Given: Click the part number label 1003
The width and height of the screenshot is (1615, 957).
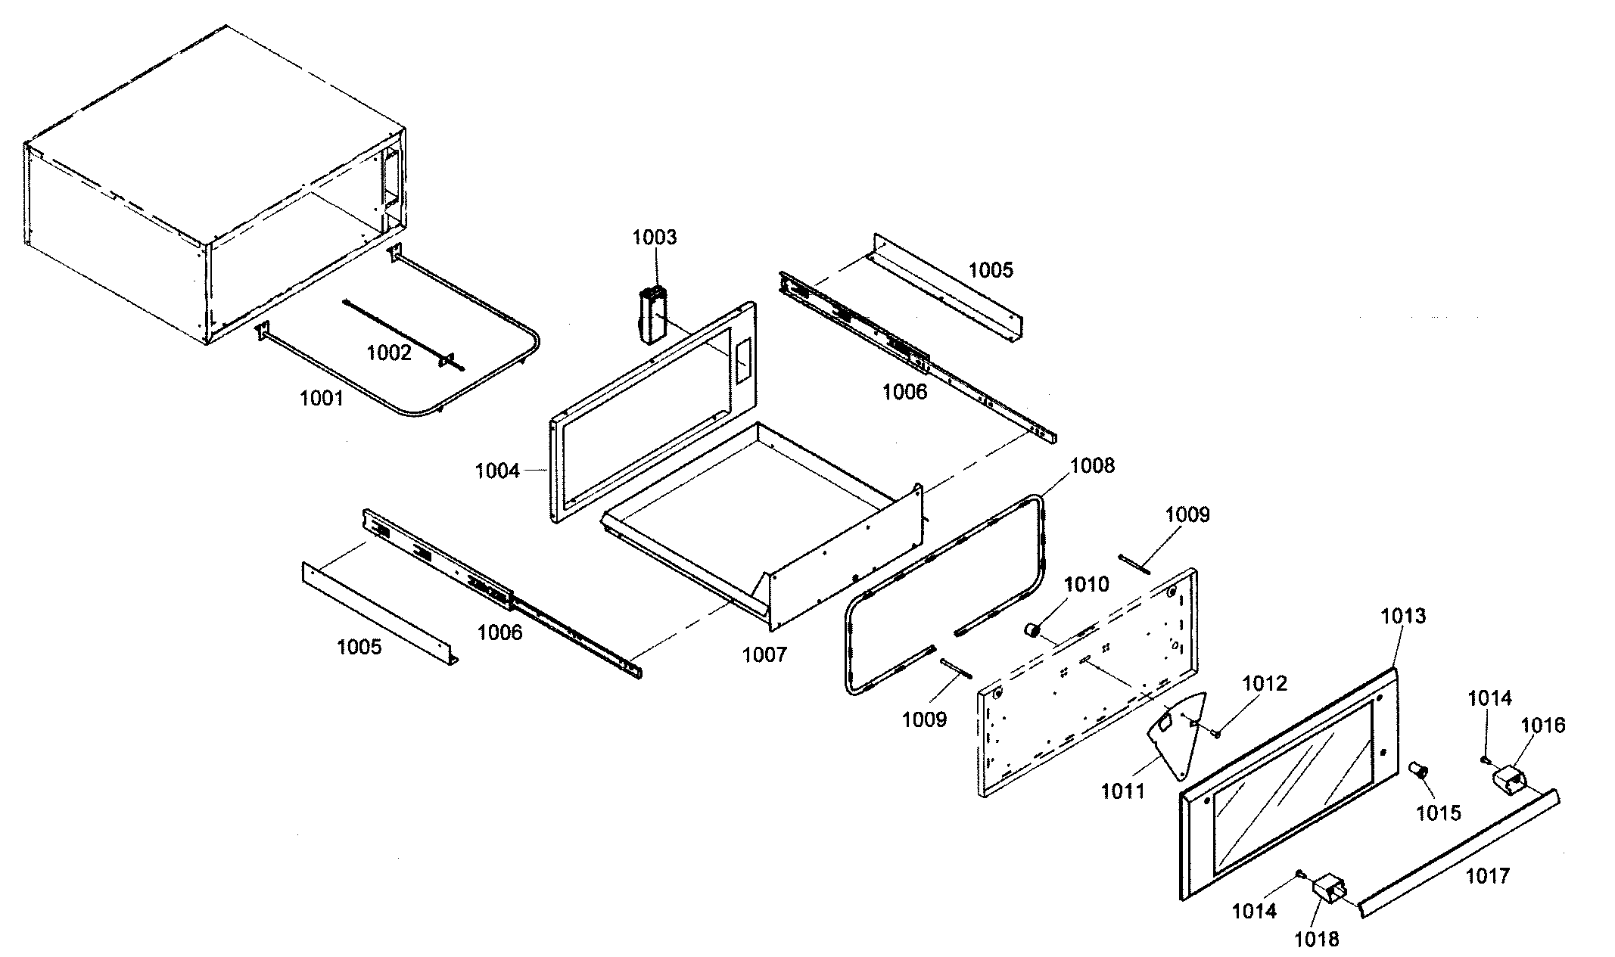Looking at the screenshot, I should (655, 237).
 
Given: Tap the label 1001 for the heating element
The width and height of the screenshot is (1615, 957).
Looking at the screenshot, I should (322, 398).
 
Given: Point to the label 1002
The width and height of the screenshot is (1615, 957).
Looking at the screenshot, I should (389, 353).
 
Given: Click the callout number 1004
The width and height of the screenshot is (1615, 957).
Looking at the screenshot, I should (497, 471).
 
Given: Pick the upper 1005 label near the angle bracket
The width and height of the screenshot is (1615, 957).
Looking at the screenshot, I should (991, 270).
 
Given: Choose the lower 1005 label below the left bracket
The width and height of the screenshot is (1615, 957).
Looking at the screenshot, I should (359, 647).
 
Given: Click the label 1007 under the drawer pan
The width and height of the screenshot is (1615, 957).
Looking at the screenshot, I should (764, 654).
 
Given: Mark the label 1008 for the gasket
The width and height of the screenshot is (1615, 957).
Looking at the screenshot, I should (1093, 465).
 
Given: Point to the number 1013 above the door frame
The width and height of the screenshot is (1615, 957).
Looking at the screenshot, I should (1403, 616).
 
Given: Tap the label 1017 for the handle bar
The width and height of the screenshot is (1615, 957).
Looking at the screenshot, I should (1487, 875).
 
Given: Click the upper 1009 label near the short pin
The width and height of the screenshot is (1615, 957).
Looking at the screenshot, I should (1187, 515).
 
